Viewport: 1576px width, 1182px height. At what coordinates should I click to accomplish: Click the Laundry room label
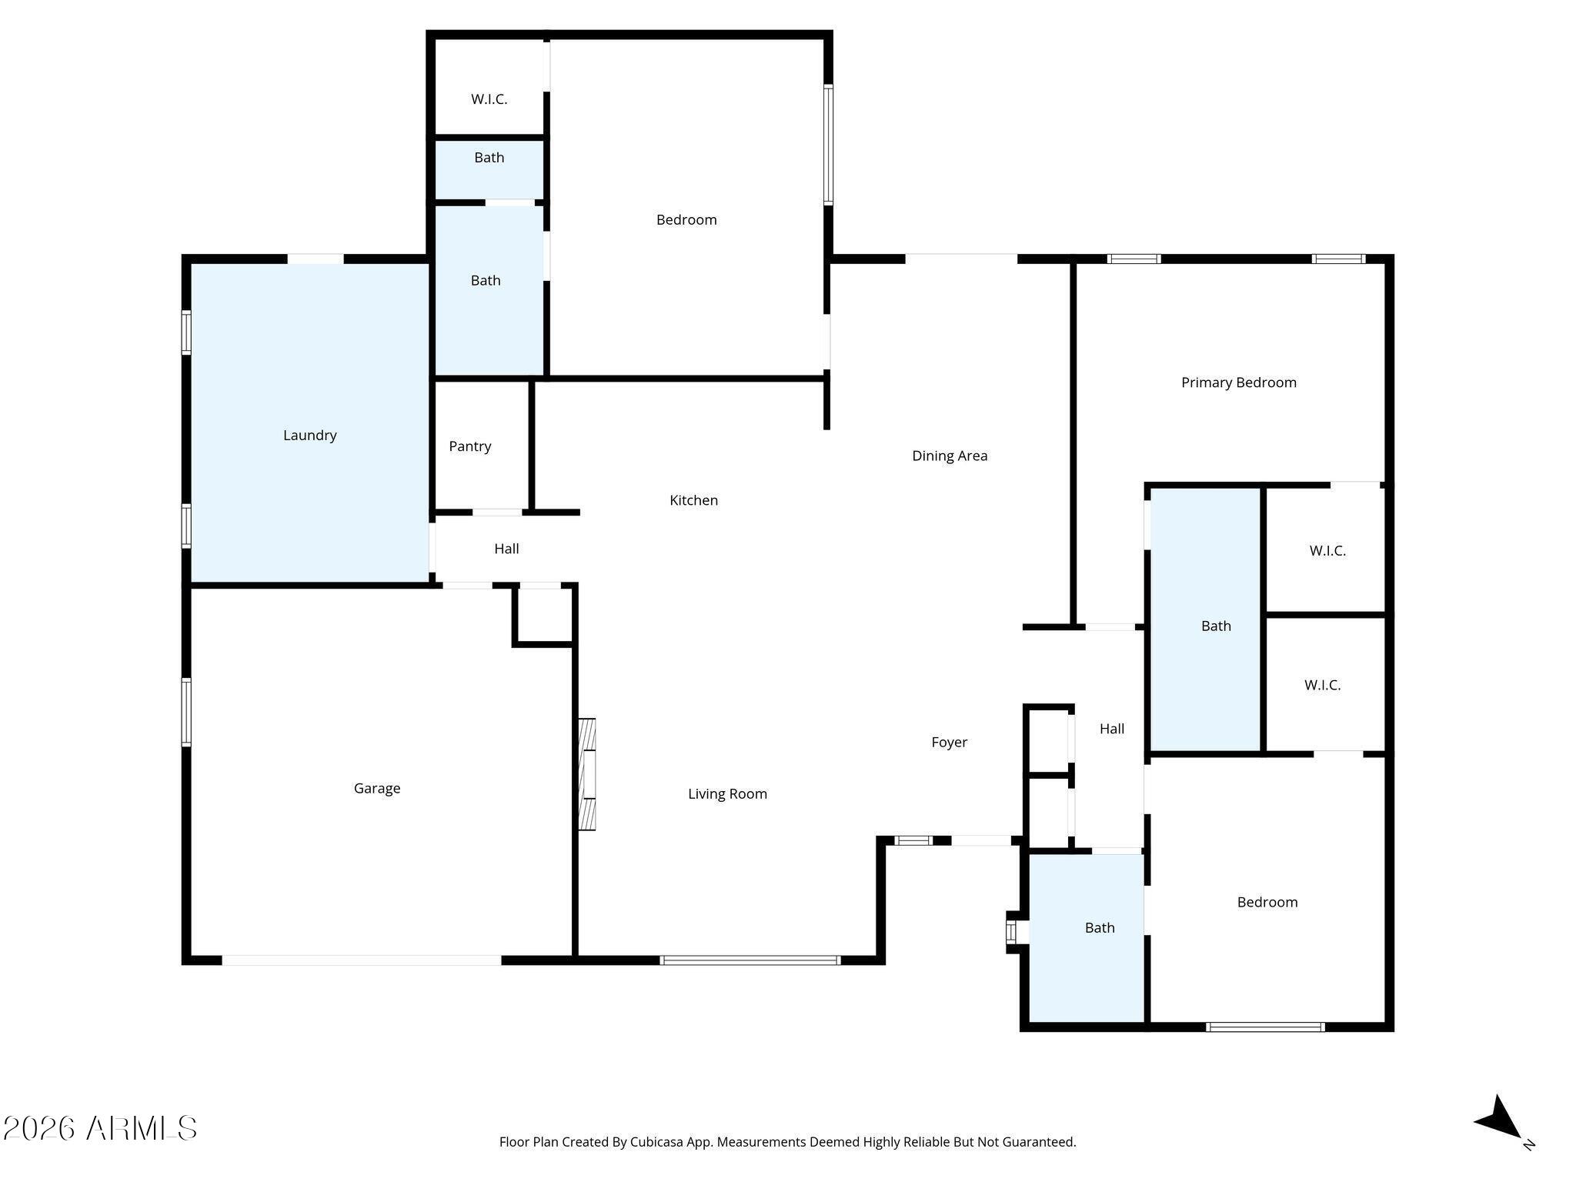tap(309, 436)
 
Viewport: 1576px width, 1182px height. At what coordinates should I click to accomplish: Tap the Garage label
tap(376, 789)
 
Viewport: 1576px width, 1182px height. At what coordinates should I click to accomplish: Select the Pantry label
tap(469, 446)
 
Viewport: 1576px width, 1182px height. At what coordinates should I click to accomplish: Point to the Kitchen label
tap(693, 500)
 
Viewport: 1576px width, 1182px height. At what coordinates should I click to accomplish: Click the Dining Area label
tap(949, 456)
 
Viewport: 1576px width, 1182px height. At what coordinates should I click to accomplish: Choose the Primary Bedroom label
tap(1238, 382)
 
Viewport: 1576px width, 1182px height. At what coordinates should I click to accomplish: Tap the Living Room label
tap(727, 794)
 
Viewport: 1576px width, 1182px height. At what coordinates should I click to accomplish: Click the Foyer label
tap(949, 743)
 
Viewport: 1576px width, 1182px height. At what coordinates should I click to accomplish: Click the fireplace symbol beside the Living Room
tap(587, 774)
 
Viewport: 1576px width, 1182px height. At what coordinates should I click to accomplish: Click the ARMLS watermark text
tap(100, 1128)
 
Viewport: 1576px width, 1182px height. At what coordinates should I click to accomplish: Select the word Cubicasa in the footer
tap(658, 1143)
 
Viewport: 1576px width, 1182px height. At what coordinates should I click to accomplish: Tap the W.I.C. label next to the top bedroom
tap(489, 99)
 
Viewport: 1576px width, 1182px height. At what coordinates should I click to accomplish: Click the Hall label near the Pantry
tap(506, 549)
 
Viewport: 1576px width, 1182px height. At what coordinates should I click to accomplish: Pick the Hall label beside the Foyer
tap(1112, 729)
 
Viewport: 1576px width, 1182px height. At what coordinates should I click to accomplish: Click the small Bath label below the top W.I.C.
tap(489, 158)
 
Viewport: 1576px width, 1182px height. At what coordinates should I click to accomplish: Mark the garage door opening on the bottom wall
tap(362, 960)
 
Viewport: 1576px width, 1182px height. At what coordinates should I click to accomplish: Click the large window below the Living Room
tap(750, 960)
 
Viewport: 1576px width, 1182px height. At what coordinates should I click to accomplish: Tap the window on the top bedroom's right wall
tap(828, 145)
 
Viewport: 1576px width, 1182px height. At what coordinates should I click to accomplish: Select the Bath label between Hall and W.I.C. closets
tap(1216, 626)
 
